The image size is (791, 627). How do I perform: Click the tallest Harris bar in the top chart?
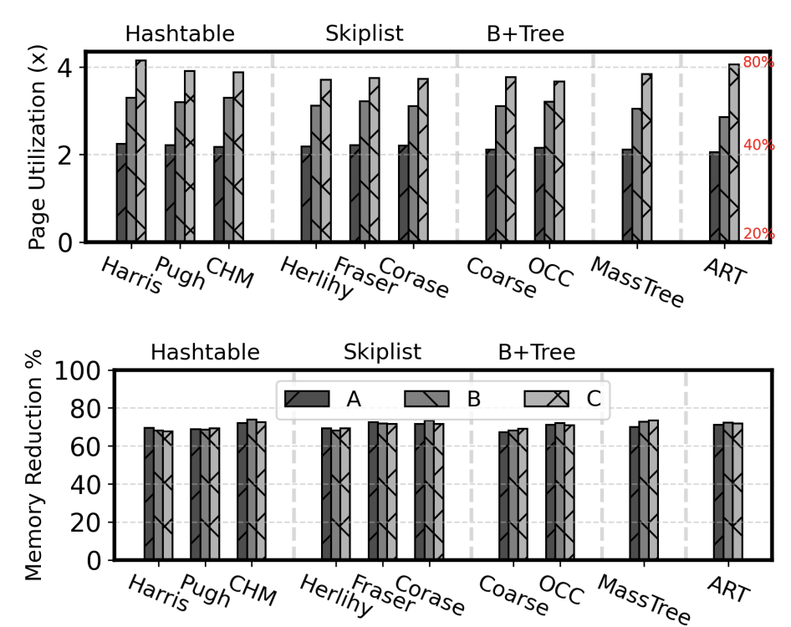140,150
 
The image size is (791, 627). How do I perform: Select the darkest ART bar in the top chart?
714,196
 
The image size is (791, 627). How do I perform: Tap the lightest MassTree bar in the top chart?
646,157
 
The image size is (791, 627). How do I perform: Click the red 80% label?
758,62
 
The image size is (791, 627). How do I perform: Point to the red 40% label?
758,145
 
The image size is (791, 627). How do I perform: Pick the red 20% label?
758,233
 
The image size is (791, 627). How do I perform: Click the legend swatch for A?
307,399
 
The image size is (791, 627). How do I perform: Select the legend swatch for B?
426,399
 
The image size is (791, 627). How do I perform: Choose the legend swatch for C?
547,399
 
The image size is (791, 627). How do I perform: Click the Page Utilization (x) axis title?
37,147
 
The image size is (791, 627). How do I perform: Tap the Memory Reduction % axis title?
33,465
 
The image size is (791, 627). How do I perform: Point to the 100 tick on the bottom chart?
77,371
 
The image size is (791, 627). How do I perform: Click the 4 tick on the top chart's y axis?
64,68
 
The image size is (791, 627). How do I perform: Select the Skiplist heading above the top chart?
365,33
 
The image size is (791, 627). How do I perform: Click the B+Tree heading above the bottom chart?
537,352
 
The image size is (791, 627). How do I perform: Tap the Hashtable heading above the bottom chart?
206,352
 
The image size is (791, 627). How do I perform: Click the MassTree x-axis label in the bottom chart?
644,599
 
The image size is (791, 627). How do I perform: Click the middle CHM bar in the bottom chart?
252,490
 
